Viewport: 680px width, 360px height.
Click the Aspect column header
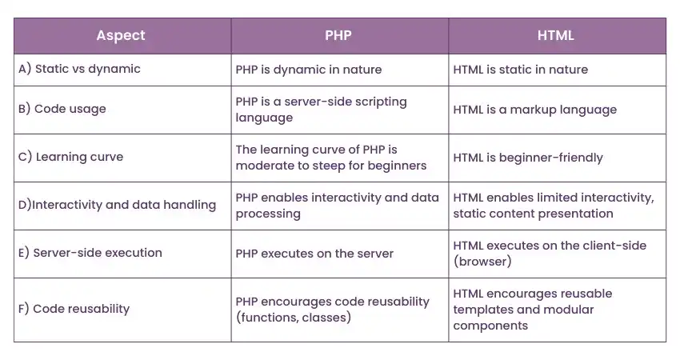(121, 35)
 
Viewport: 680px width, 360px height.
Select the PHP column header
(339, 35)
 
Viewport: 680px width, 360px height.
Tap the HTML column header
(557, 35)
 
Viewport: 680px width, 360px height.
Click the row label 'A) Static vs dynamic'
(79, 69)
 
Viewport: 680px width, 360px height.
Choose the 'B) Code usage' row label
(62, 109)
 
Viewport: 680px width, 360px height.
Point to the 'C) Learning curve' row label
(70, 157)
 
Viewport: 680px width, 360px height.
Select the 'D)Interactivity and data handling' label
(117, 205)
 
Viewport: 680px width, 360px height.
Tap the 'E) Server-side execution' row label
(90, 253)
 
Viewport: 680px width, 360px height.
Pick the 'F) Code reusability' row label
(74, 309)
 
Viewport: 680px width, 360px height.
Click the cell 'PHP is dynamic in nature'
(309, 70)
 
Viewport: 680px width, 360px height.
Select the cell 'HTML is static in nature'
(520, 70)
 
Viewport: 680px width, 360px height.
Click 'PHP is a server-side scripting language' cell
(321, 110)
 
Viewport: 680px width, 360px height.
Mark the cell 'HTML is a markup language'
(534, 110)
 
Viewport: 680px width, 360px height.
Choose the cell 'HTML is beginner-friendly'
(526, 158)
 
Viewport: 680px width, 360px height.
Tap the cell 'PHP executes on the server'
(314, 254)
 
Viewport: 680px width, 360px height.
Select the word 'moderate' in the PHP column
(262, 166)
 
